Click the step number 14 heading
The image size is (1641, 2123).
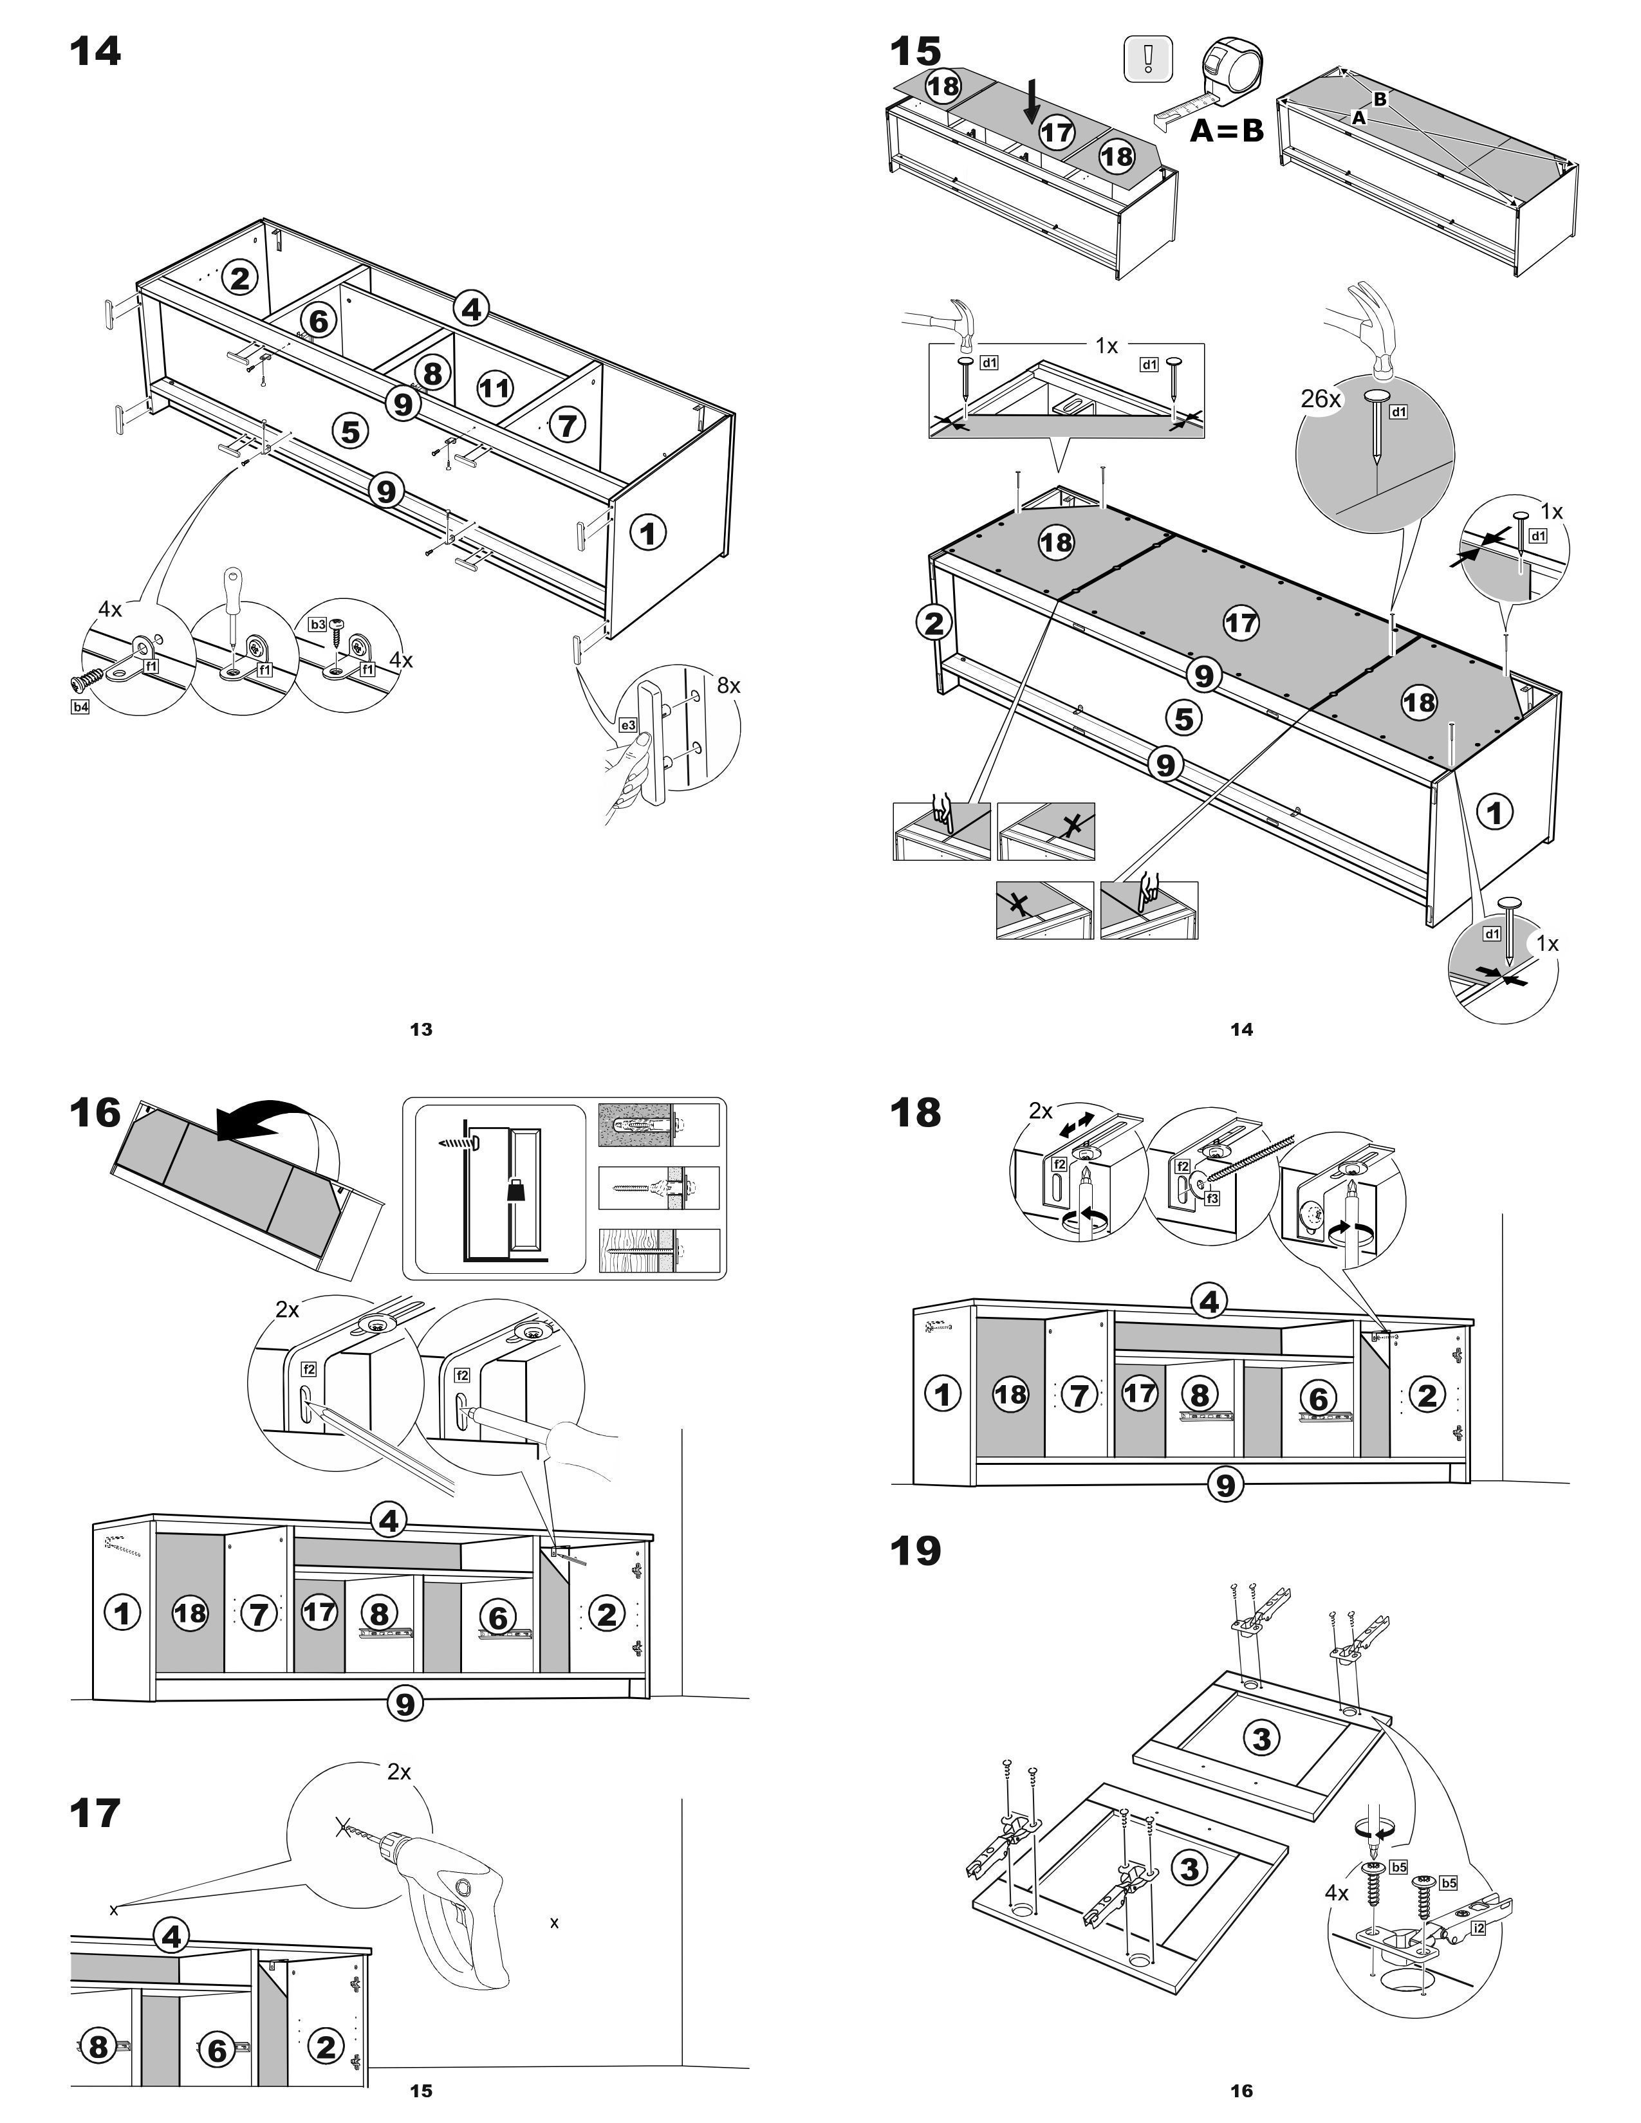click(x=95, y=51)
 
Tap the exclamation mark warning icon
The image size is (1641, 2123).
click(x=1147, y=59)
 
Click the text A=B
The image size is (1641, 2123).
click(x=1226, y=130)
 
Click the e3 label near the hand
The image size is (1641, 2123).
click(x=628, y=725)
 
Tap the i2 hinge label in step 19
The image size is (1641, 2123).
click(x=1479, y=1927)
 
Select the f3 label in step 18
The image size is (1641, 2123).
click(x=1211, y=1199)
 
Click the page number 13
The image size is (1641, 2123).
click(x=421, y=1029)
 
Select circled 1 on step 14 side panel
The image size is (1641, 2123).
click(x=649, y=532)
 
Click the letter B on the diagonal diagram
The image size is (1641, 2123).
click(x=1380, y=98)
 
